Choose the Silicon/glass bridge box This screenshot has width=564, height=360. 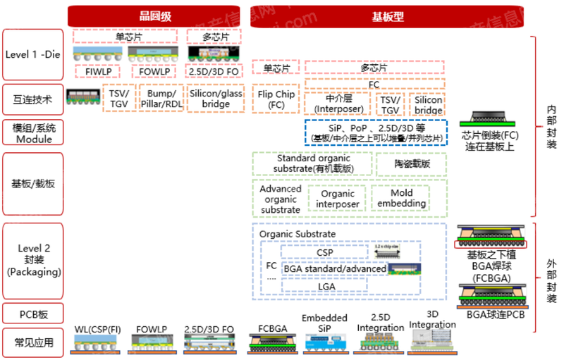[216, 99]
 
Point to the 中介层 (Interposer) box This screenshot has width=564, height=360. [338, 104]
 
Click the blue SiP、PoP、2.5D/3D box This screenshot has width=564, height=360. [376, 132]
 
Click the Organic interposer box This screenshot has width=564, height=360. [338, 199]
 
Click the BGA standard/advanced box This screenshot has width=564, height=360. [335, 268]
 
